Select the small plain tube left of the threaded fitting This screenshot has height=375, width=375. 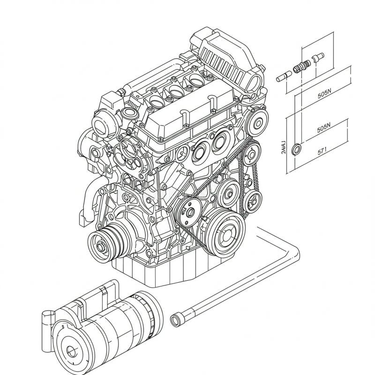[x=283, y=75]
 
